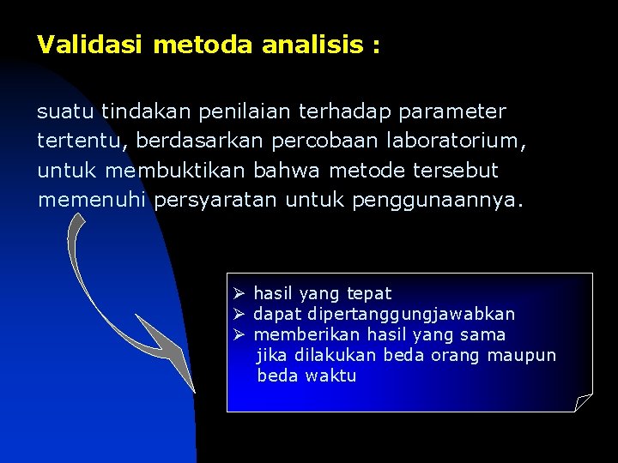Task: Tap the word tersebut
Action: [456, 171]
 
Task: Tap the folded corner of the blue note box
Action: [584, 402]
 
